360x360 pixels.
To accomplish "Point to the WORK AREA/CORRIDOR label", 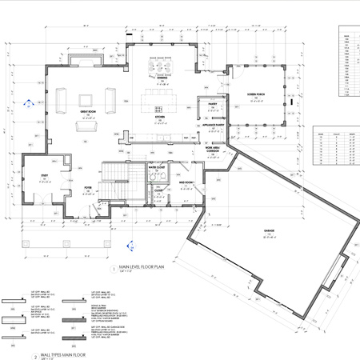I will click(x=212, y=150).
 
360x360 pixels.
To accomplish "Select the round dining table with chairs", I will click(x=162, y=74).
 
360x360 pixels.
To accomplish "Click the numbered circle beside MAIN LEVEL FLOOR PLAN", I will click(x=112, y=270).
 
